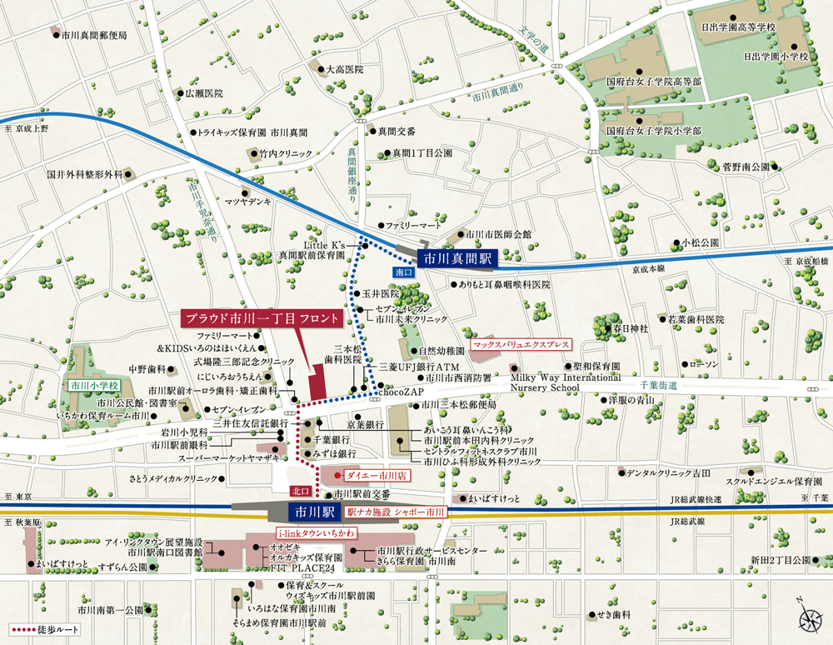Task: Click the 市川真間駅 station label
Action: click(456, 259)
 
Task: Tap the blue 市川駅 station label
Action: click(312, 511)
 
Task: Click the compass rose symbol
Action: click(808, 618)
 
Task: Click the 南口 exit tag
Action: click(402, 272)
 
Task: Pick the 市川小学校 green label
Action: click(95, 386)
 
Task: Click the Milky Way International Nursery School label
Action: click(556, 382)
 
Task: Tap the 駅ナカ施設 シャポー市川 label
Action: click(397, 511)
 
